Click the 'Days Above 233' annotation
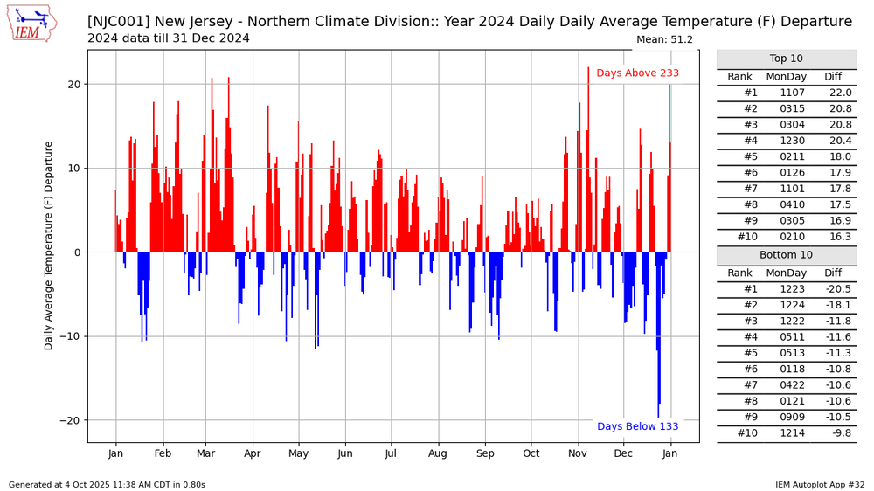point(637,73)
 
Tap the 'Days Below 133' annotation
point(637,426)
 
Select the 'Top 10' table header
point(786,59)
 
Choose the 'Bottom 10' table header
point(786,256)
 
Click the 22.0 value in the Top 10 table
point(838,93)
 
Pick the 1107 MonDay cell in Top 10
point(787,93)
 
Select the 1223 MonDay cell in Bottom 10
point(787,289)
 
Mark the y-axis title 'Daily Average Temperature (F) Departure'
point(50,245)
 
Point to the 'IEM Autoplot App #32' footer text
point(819,484)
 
